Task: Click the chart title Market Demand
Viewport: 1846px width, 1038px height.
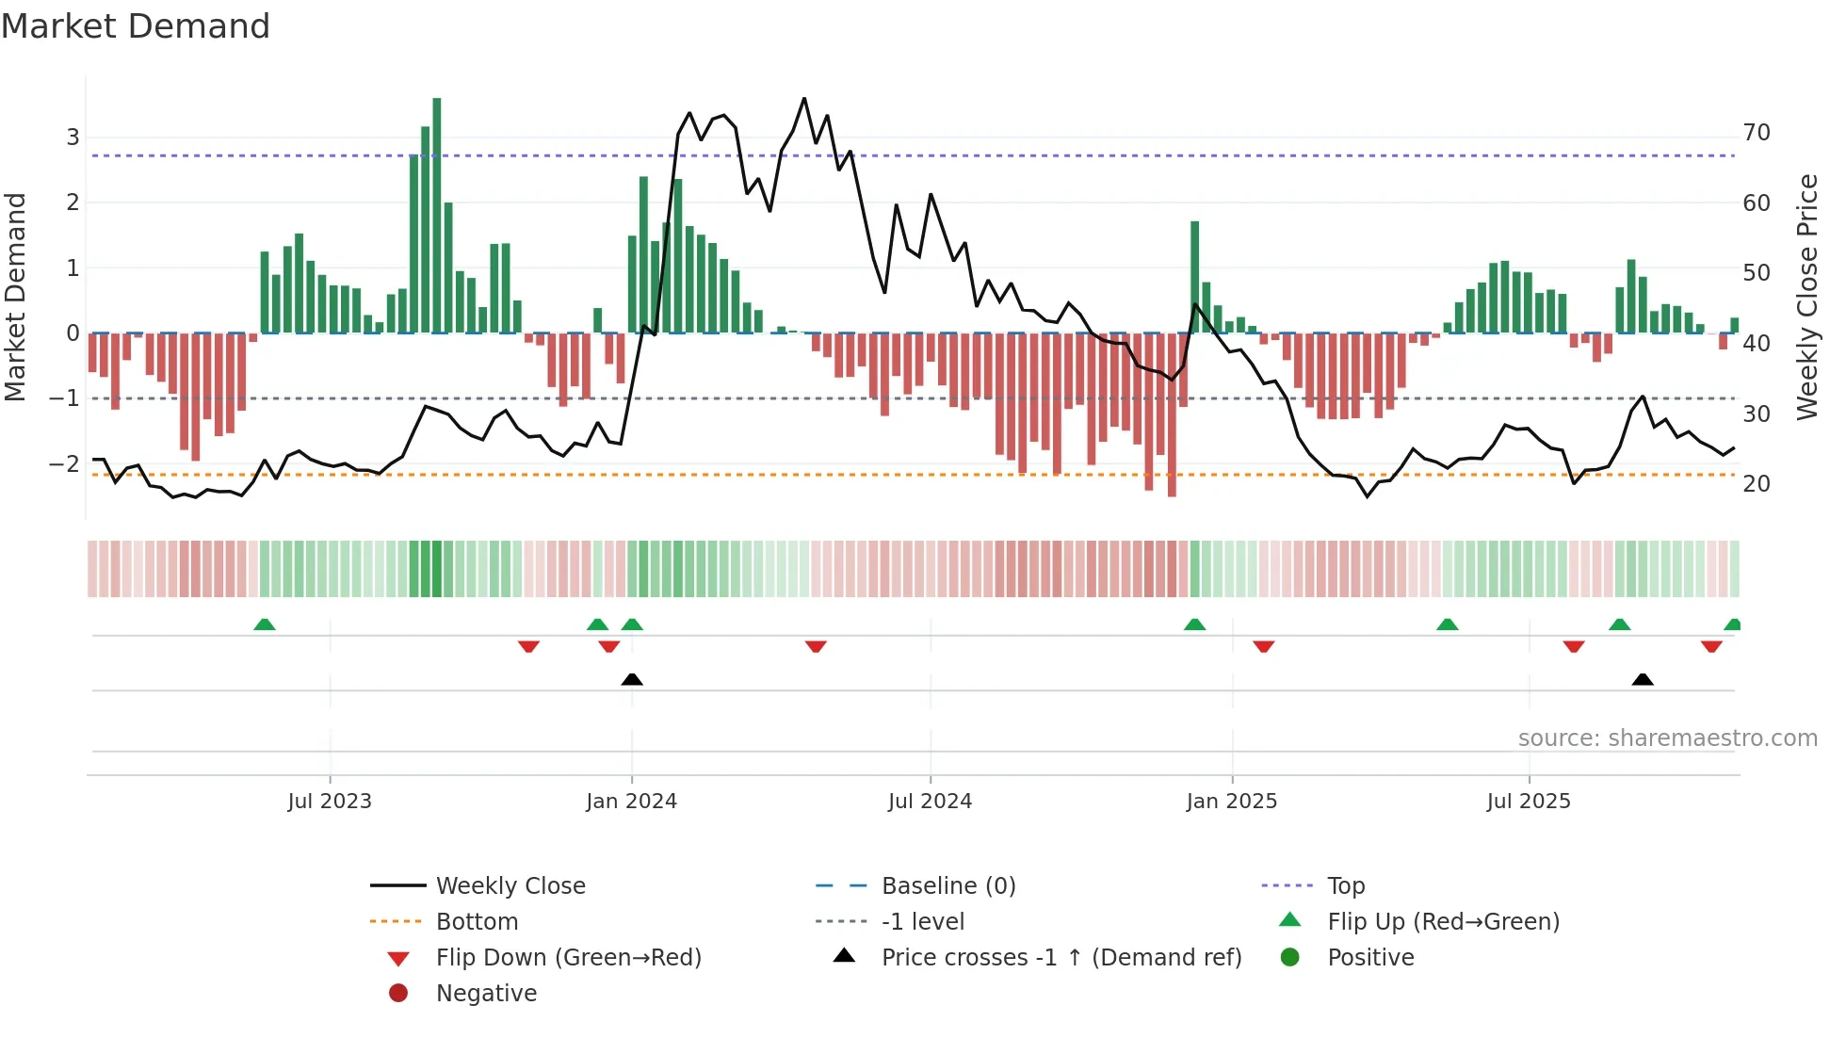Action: [136, 26]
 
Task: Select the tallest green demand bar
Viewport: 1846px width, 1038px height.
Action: [436, 215]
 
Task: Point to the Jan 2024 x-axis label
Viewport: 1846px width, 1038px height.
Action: [631, 802]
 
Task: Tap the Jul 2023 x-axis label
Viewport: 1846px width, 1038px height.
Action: [330, 802]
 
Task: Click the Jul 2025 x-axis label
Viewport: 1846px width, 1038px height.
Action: [1529, 802]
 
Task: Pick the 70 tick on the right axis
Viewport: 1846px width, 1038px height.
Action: [1757, 133]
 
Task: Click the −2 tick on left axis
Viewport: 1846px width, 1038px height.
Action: [64, 463]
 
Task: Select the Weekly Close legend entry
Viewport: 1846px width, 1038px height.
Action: [510, 886]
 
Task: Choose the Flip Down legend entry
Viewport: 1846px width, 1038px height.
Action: [568, 958]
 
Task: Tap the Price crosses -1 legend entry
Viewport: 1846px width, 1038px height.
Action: [1061, 958]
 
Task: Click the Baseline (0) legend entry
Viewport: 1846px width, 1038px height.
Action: [948, 886]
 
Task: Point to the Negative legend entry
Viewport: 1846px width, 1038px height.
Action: [486, 994]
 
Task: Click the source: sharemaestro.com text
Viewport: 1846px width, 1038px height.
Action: [1667, 738]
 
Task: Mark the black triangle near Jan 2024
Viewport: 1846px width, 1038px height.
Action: [632, 679]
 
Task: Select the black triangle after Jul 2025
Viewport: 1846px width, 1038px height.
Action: [1643, 679]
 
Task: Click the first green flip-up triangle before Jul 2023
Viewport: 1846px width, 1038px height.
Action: [265, 624]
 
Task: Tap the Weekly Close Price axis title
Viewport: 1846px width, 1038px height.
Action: [1806, 297]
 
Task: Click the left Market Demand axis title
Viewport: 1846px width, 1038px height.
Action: [15, 297]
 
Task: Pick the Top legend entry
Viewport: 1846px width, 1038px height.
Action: [1346, 886]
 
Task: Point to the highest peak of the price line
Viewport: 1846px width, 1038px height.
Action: [803, 99]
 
